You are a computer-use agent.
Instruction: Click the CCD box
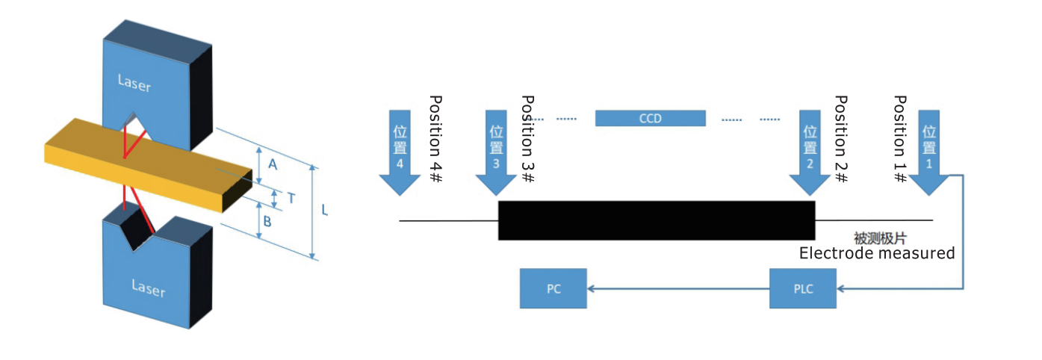click(650, 118)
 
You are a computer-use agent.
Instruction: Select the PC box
click(553, 288)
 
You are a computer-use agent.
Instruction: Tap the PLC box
click(803, 288)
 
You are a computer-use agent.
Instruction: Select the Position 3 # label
click(527, 139)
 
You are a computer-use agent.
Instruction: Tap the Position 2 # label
click(841, 139)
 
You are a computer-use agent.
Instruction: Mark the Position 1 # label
click(901, 139)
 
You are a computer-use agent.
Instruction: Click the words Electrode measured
click(877, 253)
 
